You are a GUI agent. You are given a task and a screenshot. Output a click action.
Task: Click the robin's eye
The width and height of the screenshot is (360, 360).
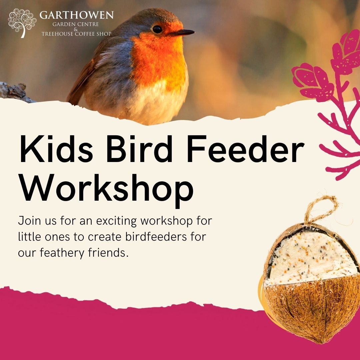point(157,29)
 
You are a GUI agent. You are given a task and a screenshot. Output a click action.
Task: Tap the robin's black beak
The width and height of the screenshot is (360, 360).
point(181,33)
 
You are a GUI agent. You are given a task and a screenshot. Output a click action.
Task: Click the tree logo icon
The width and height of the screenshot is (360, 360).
point(22,22)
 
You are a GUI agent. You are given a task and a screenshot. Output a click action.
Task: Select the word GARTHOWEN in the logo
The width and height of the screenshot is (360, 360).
point(76,15)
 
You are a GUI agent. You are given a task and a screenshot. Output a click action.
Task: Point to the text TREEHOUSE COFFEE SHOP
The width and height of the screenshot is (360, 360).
point(76,34)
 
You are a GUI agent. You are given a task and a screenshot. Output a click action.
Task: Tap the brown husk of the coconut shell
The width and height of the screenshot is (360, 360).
point(310,310)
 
